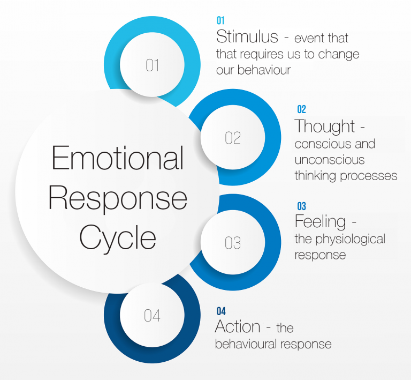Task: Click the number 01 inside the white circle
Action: tap(153, 65)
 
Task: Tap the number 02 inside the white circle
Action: tap(233, 138)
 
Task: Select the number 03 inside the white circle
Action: tap(233, 243)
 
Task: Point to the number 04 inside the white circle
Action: tap(152, 316)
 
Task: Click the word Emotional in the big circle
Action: tap(117, 159)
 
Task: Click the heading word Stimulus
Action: tap(247, 37)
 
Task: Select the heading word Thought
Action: tap(325, 126)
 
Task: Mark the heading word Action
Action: tap(238, 326)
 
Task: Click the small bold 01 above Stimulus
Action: tap(220, 20)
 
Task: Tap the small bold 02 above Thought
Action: tap(301, 109)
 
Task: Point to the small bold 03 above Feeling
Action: tap(301, 206)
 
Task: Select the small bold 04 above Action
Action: tap(221, 311)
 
